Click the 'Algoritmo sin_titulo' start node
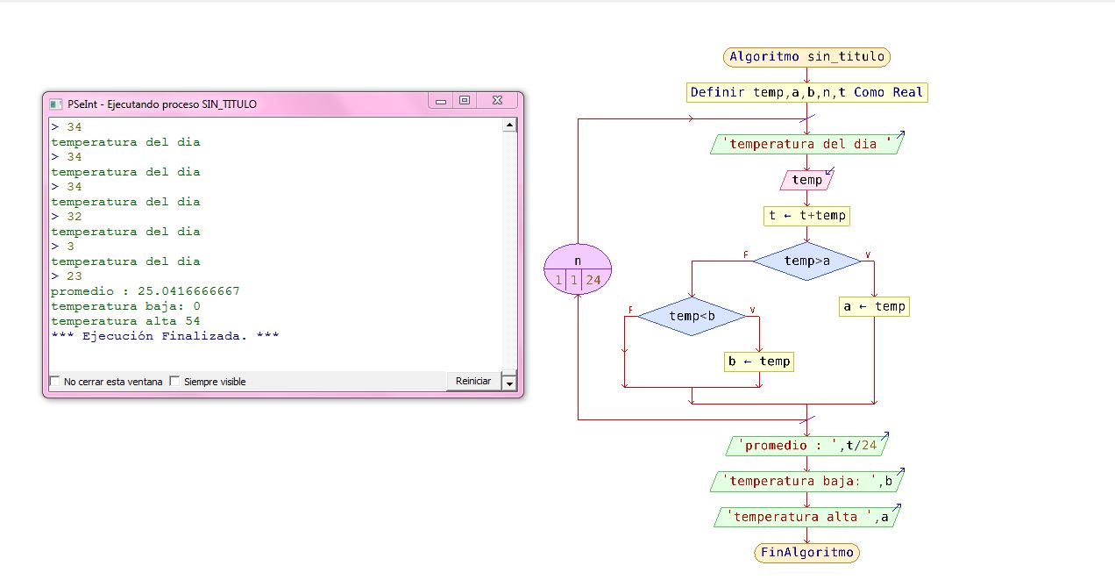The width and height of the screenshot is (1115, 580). click(x=806, y=57)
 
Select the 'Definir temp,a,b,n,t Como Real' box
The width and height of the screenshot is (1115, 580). click(x=806, y=92)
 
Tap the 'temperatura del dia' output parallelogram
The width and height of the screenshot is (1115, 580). click(x=806, y=144)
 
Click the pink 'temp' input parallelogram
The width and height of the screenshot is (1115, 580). click(x=806, y=180)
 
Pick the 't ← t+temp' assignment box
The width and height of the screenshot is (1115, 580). click(x=806, y=216)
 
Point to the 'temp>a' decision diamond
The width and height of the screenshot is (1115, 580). click(x=806, y=261)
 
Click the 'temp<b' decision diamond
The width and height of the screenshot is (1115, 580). click(x=692, y=316)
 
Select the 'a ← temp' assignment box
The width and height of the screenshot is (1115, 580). click(x=874, y=306)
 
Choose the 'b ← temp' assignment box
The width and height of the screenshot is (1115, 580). click(x=759, y=361)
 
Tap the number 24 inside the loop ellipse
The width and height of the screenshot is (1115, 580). click(x=593, y=281)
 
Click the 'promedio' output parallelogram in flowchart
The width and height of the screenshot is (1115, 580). click(x=806, y=446)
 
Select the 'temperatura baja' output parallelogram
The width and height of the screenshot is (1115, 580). click(x=806, y=481)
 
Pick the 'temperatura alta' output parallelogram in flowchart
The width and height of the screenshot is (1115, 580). click(x=806, y=517)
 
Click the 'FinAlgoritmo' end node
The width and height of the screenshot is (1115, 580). click(x=806, y=553)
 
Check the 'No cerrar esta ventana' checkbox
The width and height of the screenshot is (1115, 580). click(x=56, y=382)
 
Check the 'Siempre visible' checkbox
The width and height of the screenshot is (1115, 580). click(x=174, y=382)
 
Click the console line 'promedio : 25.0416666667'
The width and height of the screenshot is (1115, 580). click(x=146, y=291)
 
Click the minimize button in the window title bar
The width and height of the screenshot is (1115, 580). click(x=440, y=102)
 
